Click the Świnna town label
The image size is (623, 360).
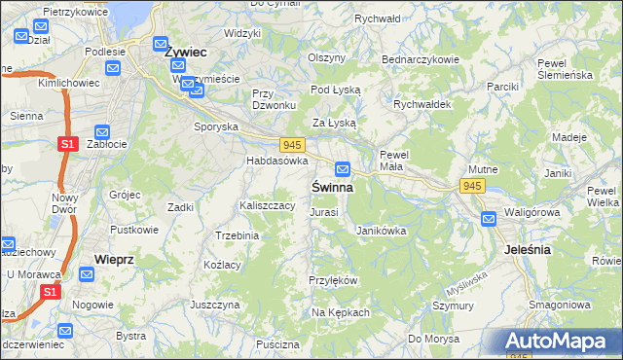click(x=333, y=186)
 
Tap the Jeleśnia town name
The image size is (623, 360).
click(x=529, y=249)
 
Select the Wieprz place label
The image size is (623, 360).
click(x=114, y=259)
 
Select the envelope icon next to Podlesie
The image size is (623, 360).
click(x=112, y=69)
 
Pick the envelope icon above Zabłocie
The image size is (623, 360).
click(x=102, y=129)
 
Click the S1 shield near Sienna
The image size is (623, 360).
click(x=67, y=144)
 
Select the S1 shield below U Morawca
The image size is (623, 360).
click(x=52, y=291)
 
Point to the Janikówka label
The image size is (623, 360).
click(x=381, y=232)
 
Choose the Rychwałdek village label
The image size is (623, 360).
click(x=420, y=105)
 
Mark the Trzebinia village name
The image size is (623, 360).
click(x=237, y=235)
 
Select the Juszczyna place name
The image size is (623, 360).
click(x=215, y=305)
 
